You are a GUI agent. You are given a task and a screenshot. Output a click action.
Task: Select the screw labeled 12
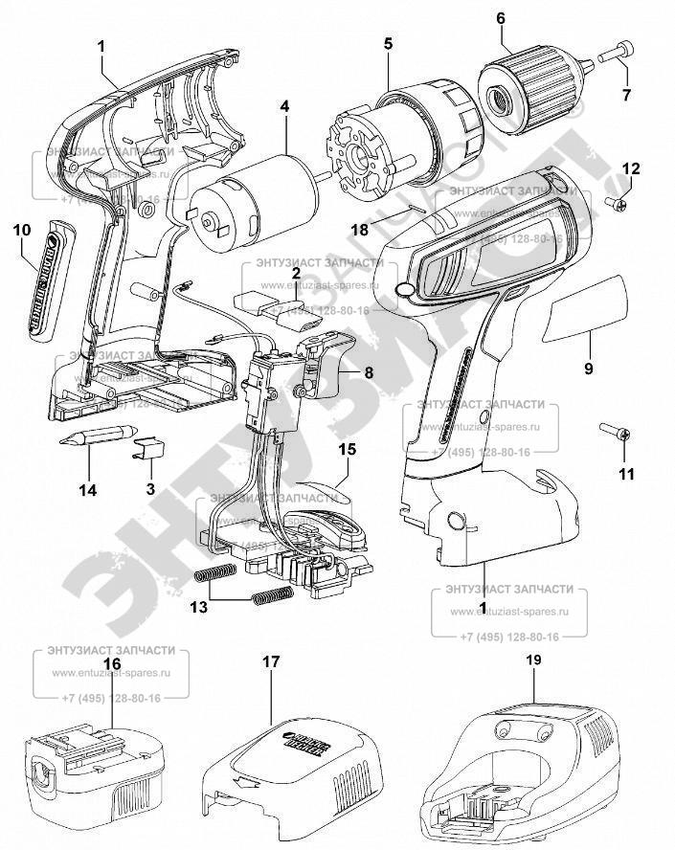[618, 201]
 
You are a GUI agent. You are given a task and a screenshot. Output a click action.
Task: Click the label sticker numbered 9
[584, 307]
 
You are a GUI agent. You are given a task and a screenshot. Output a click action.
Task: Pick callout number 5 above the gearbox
[388, 45]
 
